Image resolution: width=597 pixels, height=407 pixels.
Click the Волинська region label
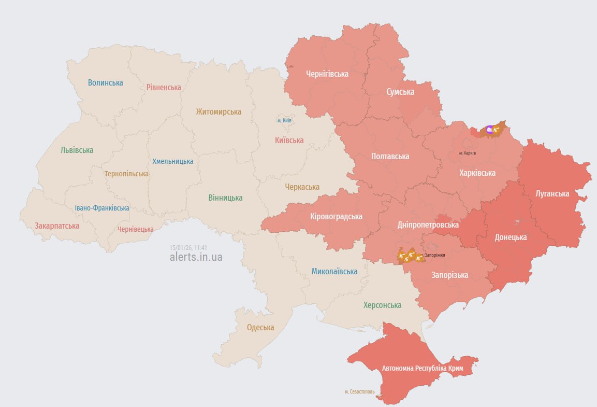105,82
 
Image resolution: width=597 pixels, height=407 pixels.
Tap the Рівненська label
164,87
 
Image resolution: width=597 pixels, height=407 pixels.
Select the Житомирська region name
219,111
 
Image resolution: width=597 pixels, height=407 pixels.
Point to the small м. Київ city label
284,120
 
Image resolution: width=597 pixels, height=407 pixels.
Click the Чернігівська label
327,74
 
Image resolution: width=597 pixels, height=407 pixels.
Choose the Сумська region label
400,92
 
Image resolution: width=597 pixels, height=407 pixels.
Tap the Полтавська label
390,156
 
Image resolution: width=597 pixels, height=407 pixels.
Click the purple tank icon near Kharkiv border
490,130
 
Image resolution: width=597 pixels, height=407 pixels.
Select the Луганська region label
552,193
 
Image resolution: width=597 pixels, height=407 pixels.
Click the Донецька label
511,237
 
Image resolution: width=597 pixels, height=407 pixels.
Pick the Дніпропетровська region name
428,225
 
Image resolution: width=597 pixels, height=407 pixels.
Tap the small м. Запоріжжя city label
434,255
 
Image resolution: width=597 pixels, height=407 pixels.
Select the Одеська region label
260,327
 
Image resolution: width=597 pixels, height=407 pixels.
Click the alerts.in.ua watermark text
196,257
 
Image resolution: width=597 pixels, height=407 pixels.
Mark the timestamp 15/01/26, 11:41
188,248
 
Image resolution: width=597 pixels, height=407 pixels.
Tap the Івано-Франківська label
102,208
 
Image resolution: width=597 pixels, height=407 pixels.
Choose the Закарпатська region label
57,226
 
